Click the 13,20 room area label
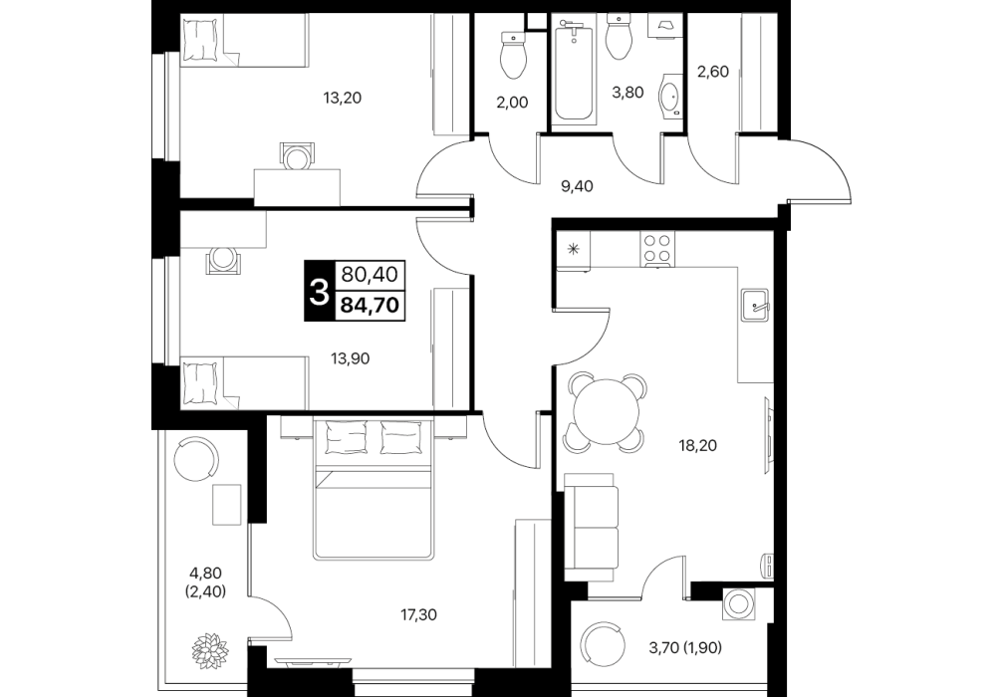coord(343,98)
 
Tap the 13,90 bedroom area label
coord(351,359)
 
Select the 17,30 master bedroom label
coord(419,615)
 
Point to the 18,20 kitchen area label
coord(697,445)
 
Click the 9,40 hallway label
coord(577,186)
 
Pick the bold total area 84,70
coord(370,305)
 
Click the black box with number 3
coord(319,292)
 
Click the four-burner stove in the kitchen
coord(657,249)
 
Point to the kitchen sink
coord(757,307)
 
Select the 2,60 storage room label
coord(713,72)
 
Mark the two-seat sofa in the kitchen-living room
coord(591,527)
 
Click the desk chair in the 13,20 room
coord(298,156)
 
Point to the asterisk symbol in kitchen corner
coord(573,249)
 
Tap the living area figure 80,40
coord(370,275)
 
